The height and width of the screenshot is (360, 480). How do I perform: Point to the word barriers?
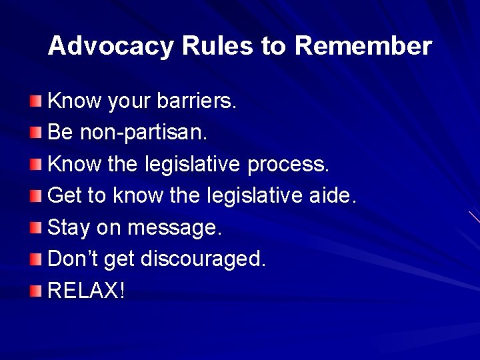click(x=197, y=101)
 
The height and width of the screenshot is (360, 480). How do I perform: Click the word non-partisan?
click(x=143, y=133)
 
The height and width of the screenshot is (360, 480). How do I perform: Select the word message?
click(x=174, y=228)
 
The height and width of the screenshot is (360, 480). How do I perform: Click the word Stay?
click(x=69, y=228)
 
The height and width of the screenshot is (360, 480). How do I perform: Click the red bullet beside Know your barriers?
click(x=35, y=101)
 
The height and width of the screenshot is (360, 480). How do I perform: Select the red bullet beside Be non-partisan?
click(x=35, y=133)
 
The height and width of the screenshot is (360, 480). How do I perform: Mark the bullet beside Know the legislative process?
click(x=35, y=165)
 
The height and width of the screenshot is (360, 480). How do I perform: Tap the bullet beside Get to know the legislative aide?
click(x=35, y=196)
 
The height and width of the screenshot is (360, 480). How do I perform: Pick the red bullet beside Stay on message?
click(x=35, y=228)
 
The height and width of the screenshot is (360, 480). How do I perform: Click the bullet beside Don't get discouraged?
click(x=35, y=259)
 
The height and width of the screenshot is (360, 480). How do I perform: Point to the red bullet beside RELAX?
click(x=35, y=291)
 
